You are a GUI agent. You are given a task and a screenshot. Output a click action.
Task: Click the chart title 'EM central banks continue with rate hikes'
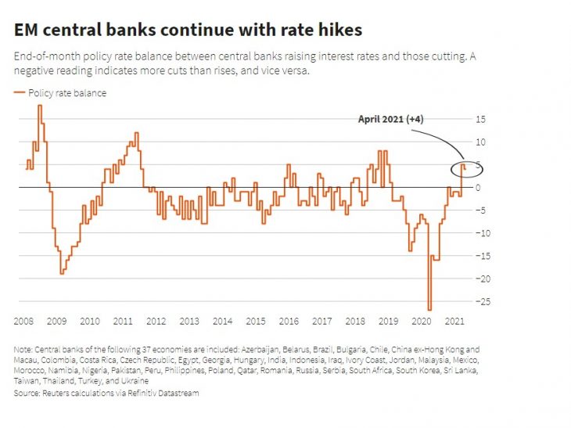[x=188, y=31]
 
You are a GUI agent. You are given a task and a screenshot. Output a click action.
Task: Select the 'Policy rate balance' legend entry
[x=66, y=93]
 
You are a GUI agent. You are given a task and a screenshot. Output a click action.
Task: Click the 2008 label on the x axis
[x=23, y=322]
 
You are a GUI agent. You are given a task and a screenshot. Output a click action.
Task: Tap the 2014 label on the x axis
[x=223, y=322]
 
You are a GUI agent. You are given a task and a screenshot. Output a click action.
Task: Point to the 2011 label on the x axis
[x=123, y=322]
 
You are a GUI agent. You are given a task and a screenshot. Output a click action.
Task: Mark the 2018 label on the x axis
[x=355, y=322]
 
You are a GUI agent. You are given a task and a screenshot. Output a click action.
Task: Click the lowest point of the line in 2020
[x=429, y=310]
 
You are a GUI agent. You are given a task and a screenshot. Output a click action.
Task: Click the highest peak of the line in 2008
[x=40, y=106]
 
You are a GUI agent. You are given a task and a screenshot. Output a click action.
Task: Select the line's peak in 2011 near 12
[x=137, y=133]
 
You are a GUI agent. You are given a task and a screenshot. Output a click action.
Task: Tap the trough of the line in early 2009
[x=62, y=272]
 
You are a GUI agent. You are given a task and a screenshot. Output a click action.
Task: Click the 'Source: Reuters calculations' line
[x=106, y=393]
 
